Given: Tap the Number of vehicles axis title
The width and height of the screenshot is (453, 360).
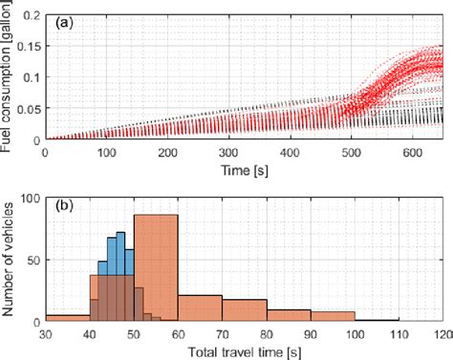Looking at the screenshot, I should (9, 259).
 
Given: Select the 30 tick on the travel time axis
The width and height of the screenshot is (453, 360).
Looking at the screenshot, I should (45, 334).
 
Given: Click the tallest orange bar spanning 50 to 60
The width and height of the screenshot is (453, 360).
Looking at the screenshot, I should (156, 267).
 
